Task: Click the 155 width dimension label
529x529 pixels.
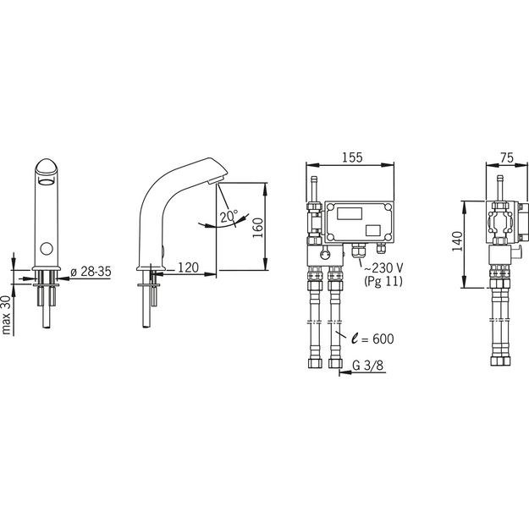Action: [352, 157]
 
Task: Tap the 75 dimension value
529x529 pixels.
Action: [507, 157]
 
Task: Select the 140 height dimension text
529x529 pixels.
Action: [457, 241]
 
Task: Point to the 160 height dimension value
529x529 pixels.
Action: [258, 228]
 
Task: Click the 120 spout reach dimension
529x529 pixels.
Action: [188, 267]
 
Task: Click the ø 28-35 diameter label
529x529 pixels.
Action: [91, 271]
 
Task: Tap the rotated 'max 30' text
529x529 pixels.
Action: [7, 315]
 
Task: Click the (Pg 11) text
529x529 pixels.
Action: [383, 281]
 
